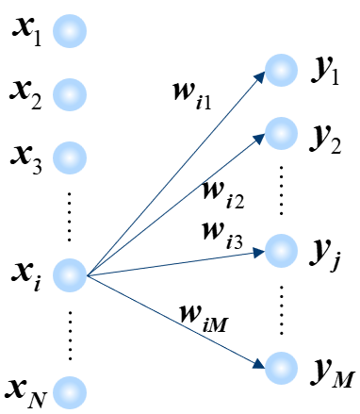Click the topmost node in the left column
coord(70,31)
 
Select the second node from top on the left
coord(70,94)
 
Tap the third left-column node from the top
coord(70,157)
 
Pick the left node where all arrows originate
coord(70,275)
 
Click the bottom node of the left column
coord(70,392)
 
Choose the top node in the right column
coord(281,70)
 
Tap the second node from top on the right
coord(281,133)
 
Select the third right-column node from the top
coord(281,251)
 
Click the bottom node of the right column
coord(281,368)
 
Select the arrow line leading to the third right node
coord(174,263)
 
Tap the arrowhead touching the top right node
coord(261,75)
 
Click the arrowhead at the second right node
coord(260,138)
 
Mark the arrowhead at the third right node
coord(259,252)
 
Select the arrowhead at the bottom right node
coord(259,364)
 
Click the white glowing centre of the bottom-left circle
coord(70,392)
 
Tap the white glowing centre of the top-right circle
coord(281,70)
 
